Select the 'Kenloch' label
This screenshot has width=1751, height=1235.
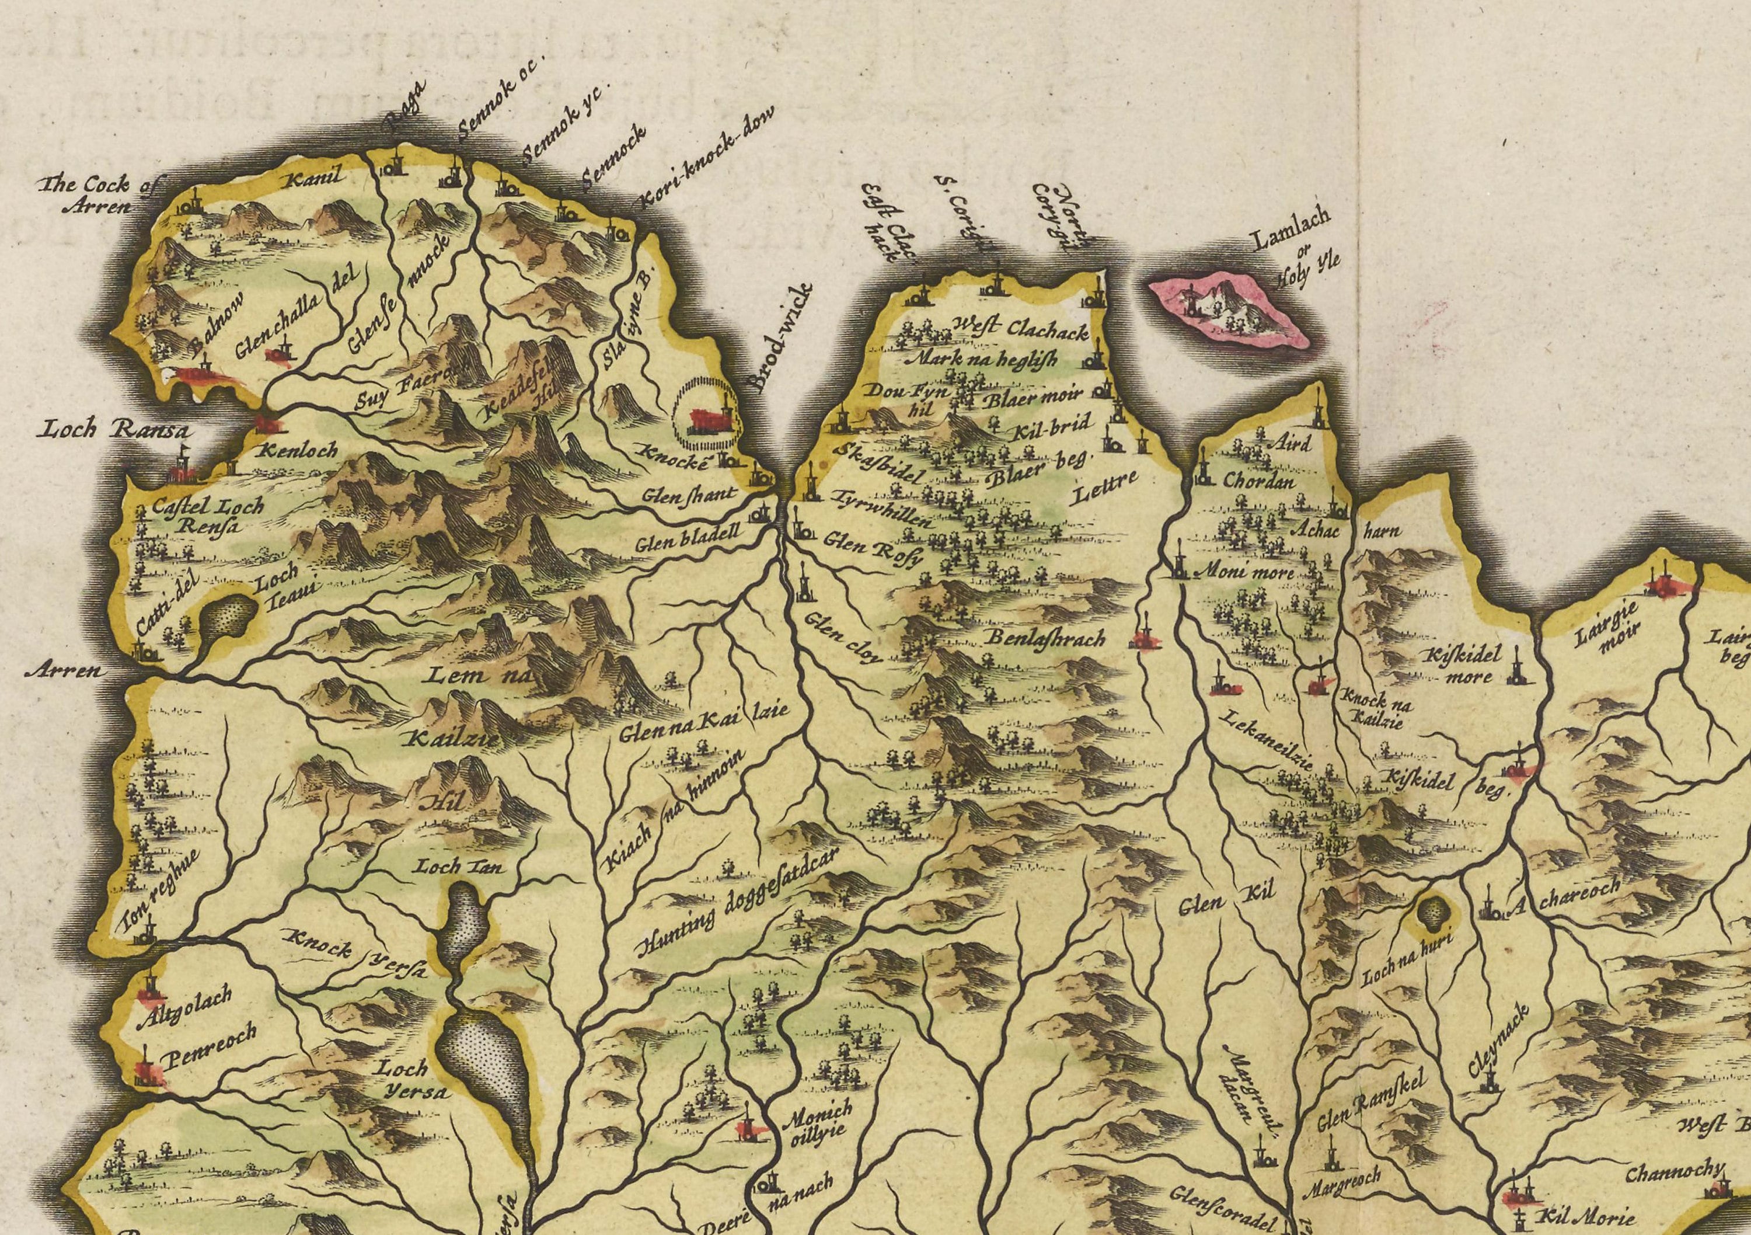coord(298,450)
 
